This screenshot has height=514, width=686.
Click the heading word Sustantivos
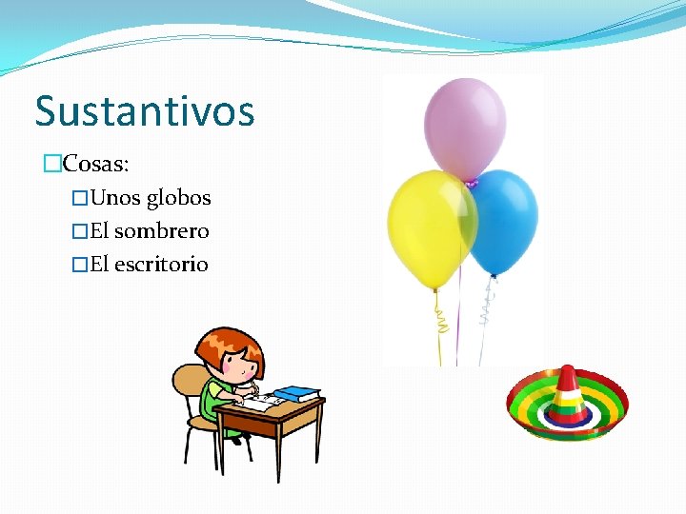click(145, 111)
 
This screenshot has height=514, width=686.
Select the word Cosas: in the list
click(95, 164)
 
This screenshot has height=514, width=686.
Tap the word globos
click(178, 198)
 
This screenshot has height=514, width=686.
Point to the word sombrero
click(162, 231)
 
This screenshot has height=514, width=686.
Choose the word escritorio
click(161, 265)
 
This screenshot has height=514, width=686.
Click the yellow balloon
click(430, 227)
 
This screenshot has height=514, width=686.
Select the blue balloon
click(503, 220)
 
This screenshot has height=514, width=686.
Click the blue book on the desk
click(297, 392)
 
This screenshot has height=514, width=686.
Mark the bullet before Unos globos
click(81, 199)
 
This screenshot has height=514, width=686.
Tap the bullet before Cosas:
click(52, 165)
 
